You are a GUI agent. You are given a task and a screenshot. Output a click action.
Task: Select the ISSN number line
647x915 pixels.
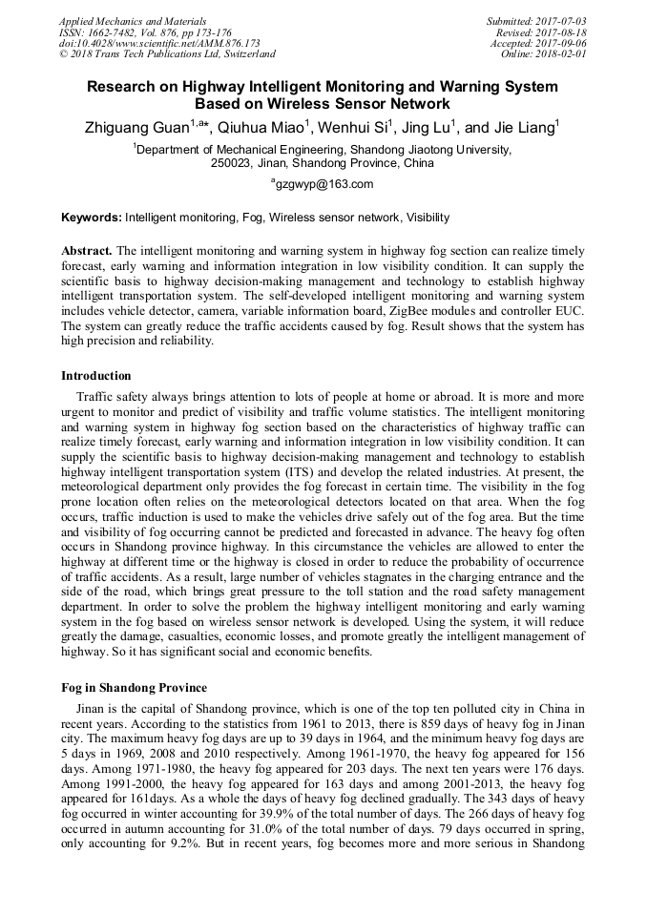pos(145,31)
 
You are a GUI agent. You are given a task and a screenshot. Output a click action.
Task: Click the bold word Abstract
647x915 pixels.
pos(87,250)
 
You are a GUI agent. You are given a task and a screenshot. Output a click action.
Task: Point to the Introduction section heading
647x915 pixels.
pos(96,376)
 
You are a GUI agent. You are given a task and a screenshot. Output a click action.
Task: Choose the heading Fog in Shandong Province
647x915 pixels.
pos(134,688)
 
